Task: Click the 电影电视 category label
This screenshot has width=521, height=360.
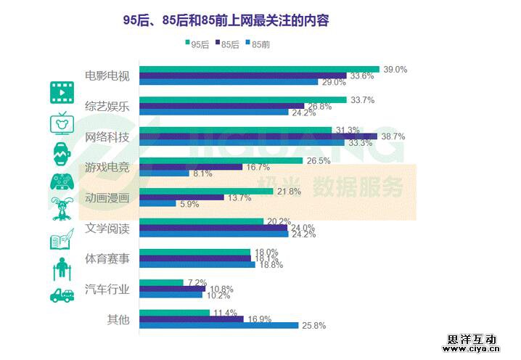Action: point(107,75)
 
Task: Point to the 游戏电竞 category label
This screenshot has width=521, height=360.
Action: point(107,166)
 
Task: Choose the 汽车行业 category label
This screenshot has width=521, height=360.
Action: point(107,289)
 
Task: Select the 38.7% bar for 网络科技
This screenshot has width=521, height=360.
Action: point(258,136)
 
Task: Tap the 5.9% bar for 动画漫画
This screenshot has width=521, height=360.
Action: point(157,204)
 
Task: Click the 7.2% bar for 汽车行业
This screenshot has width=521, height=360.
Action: point(161,282)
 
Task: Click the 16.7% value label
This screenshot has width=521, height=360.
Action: point(257,167)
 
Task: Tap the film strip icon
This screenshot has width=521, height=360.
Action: point(61,92)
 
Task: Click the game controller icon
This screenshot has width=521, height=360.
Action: point(61,181)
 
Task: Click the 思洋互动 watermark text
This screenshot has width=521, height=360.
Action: point(472,338)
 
